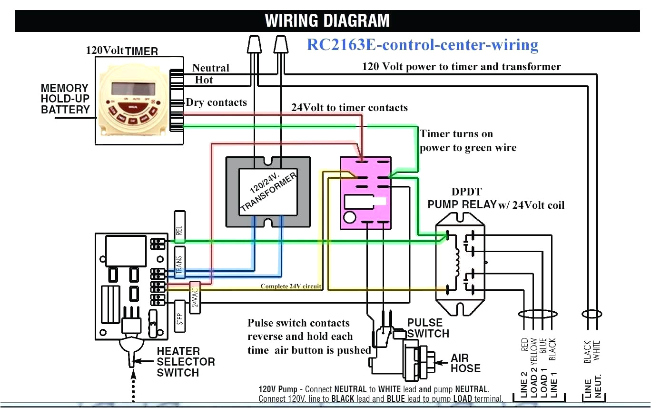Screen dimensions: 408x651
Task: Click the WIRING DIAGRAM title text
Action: point(327,21)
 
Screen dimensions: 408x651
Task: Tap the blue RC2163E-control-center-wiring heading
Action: point(423,44)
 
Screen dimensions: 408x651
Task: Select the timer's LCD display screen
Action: point(133,89)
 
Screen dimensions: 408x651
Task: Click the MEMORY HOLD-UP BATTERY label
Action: point(65,99)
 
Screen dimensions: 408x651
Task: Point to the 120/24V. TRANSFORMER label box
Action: point(268,192)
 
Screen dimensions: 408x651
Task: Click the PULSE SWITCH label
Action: point(427,328)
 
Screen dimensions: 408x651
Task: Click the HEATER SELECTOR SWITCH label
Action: point(185,362)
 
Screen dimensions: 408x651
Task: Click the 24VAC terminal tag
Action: point(194,297)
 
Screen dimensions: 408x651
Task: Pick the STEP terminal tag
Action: point(179,316)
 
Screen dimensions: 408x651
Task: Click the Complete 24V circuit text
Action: point(291,286)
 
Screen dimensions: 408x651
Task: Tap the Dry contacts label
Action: point(216,102)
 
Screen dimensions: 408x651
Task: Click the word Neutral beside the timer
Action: point(210,68)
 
